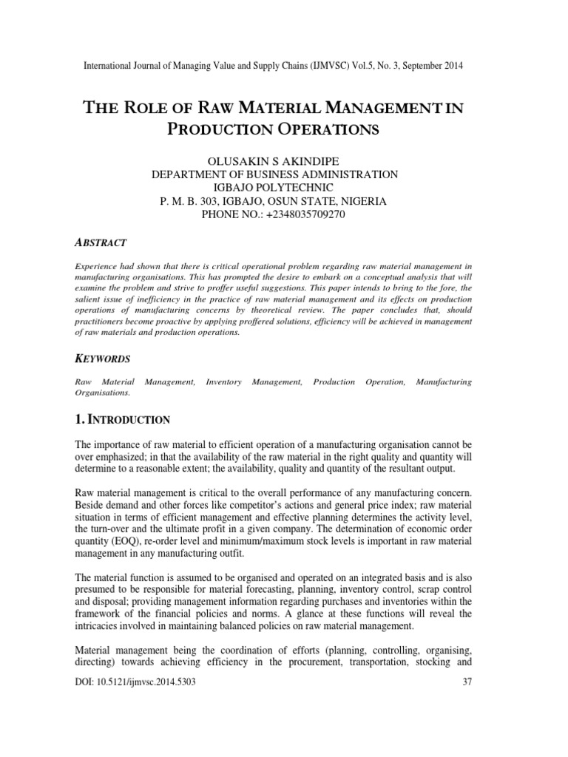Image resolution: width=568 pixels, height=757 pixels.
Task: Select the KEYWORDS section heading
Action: (x=104, y=359)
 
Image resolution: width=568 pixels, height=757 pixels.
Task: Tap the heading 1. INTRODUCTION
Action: (x=123, y=420)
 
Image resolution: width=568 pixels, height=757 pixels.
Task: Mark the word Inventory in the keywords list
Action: (x=223, y=382)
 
